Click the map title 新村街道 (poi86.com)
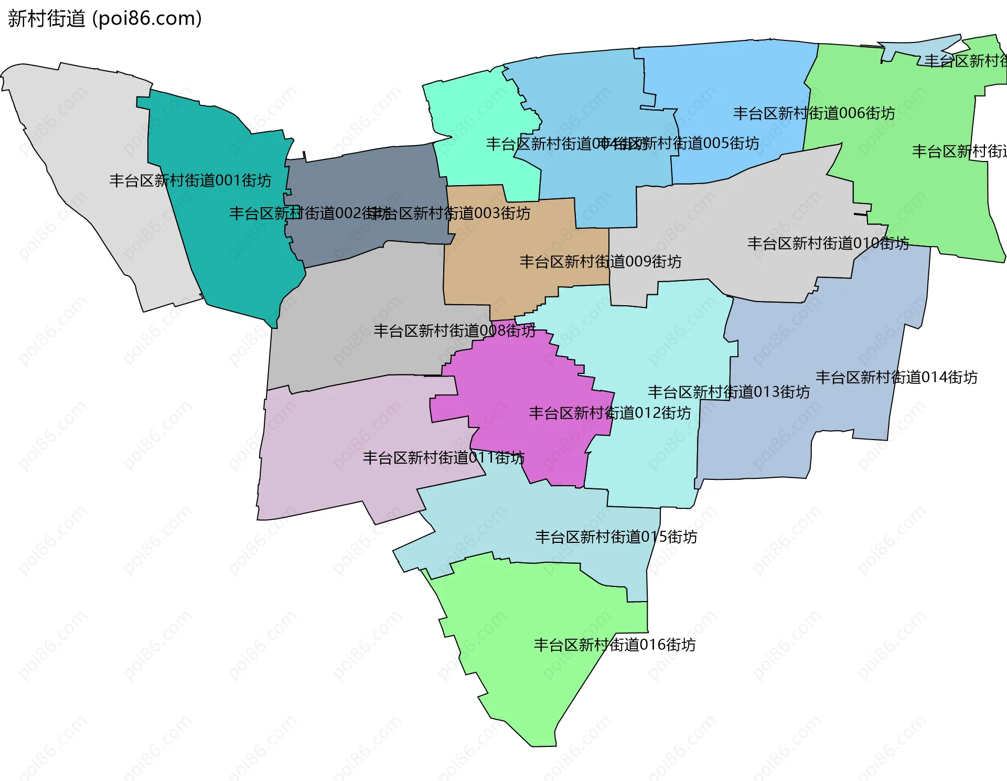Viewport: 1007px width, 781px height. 105,18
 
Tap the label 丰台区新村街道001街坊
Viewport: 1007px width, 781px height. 190,180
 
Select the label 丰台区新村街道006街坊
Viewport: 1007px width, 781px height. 813,113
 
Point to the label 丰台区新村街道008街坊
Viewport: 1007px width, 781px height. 454,330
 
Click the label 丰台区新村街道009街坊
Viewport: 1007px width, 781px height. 600,261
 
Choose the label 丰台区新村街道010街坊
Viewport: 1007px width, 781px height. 828,243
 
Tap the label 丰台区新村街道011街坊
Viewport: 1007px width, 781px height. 443,457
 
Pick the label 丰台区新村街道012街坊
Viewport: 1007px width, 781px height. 609,413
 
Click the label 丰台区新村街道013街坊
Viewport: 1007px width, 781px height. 729,392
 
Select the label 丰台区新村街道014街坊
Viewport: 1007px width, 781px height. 896,377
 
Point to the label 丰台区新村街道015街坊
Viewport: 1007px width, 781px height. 616,537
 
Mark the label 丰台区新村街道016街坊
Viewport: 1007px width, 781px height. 614,644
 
